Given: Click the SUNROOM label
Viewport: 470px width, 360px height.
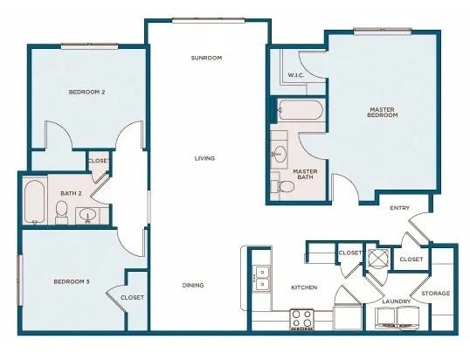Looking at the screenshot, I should pos(207,59).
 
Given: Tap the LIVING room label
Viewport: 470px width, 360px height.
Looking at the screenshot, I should pos(205,158).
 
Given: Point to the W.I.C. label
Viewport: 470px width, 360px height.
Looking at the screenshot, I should pos(296,75).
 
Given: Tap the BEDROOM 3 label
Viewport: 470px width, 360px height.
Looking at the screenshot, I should pos(71,281).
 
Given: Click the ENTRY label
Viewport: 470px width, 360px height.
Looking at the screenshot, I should pos(401,207).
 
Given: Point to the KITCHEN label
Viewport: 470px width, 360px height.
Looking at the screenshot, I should pos(303,287).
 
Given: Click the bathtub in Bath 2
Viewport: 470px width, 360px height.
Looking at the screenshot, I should pos(35,202).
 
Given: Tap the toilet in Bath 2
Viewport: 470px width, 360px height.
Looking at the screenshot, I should pos(62,211).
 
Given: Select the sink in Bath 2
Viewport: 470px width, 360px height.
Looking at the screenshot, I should pos(87,215).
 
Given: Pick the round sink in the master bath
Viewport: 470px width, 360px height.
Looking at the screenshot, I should pos(280,155).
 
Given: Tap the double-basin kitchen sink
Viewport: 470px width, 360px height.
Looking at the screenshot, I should pos(260,278).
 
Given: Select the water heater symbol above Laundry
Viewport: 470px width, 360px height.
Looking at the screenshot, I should pos(378,259).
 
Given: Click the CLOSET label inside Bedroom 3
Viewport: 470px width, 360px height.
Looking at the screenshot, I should pos(132,297).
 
